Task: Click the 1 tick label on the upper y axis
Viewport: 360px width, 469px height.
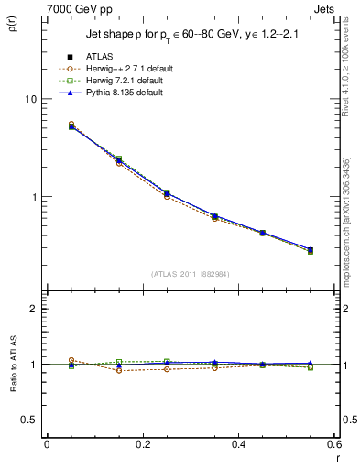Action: point(33,197)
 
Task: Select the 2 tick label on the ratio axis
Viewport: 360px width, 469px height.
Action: point(33,309)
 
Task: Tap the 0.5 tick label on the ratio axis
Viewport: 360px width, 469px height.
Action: point(27,420)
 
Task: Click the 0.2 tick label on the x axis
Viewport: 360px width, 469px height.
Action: point(142,444)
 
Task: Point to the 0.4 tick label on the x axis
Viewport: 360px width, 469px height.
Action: point(238,444)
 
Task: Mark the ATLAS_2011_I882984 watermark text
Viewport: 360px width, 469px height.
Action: point(190,274)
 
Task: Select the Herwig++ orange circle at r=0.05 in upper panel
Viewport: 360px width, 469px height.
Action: point(71,124)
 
